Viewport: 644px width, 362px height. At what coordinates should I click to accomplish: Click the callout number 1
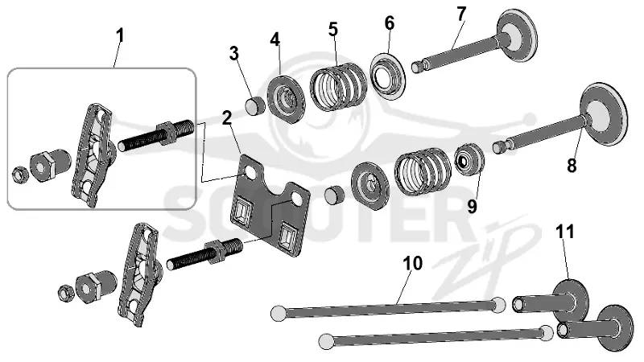119,36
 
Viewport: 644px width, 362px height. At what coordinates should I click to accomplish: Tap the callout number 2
227,117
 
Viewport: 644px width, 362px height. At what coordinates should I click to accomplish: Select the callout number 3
234,53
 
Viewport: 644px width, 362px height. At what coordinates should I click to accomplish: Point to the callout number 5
333,29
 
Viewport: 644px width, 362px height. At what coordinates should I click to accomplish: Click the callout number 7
461,14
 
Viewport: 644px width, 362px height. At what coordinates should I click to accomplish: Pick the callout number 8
572,166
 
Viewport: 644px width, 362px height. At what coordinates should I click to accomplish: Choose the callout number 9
473,207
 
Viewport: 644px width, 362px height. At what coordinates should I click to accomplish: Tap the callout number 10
413,263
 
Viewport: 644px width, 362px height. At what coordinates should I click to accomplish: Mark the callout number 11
565,232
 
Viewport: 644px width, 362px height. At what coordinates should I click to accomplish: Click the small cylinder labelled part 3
255,105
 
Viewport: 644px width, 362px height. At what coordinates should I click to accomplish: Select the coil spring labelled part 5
338,86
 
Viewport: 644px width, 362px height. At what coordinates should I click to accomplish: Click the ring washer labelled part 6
388,76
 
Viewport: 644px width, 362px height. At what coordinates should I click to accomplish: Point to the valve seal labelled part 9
469,158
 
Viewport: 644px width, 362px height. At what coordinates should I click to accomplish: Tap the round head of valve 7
517,35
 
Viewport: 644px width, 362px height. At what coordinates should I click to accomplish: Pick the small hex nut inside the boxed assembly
19,174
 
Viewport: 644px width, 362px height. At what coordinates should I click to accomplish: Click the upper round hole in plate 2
250,171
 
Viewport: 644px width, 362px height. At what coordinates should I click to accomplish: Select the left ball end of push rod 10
278,313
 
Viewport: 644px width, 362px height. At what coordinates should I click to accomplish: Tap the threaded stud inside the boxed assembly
155,134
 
